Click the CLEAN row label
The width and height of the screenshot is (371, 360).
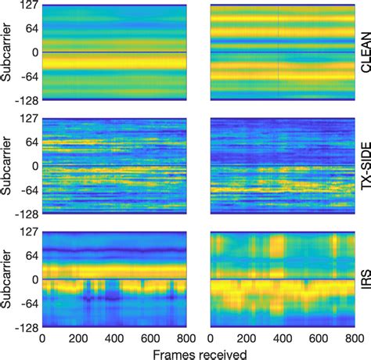pos(364,53)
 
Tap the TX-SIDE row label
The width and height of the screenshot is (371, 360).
pos(364,166)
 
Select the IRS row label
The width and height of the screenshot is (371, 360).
pos(364,279)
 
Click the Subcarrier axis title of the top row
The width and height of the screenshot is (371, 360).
pos(7,53)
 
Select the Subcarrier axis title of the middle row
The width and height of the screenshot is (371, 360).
pos(7,166)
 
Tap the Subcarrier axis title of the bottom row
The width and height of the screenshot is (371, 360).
pos(7,279)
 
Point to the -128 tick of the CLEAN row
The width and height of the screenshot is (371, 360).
pos(26,100)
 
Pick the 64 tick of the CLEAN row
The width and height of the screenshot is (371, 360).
pos(31,30)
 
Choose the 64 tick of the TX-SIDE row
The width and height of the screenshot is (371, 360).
pos(31,142)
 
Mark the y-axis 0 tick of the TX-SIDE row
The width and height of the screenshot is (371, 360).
pos(34,166)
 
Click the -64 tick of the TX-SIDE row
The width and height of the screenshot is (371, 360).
pos(28,189)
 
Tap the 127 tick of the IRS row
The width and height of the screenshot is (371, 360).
pos(28,232)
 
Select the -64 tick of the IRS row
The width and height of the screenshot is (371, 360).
pos(28,303)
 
